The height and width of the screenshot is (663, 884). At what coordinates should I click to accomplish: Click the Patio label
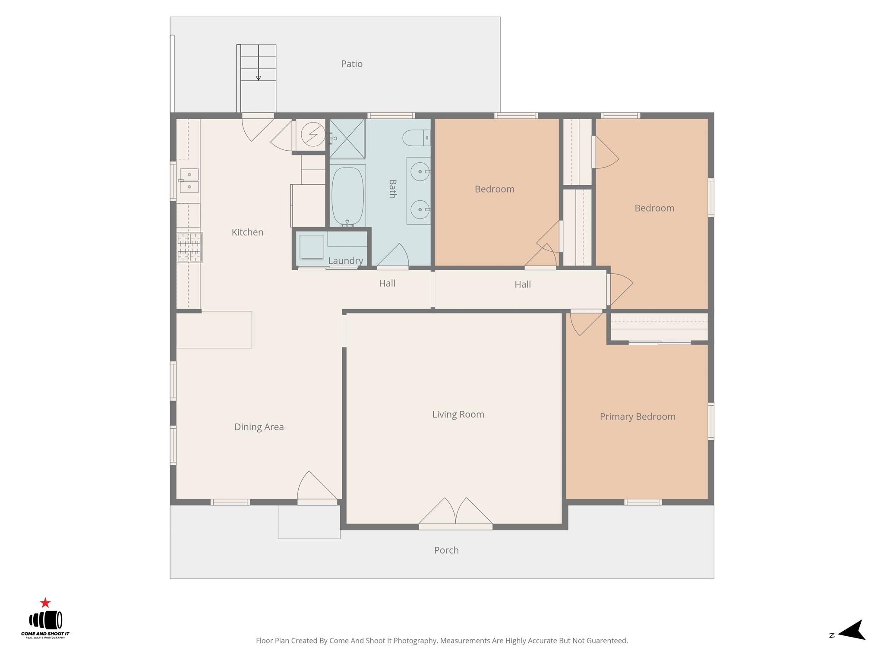351,64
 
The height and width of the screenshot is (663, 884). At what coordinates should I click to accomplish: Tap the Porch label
446,550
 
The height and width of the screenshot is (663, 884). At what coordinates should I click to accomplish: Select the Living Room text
458,414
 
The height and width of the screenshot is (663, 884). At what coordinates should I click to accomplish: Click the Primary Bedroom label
637,417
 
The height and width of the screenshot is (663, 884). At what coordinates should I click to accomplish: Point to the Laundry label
345,261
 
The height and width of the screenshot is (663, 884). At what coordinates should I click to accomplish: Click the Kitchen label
247,232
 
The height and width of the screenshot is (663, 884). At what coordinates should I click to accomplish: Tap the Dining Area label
259,427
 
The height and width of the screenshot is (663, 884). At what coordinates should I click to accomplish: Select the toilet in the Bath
416,138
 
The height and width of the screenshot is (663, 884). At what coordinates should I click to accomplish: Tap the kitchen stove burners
189,247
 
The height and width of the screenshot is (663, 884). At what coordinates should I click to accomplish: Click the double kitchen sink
189,181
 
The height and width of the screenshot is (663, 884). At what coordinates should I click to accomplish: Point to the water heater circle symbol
313,134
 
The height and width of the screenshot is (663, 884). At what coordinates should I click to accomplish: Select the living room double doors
455,514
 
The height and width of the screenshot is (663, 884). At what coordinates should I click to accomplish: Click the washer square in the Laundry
312,247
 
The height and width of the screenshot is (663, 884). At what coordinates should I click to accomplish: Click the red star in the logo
45,603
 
